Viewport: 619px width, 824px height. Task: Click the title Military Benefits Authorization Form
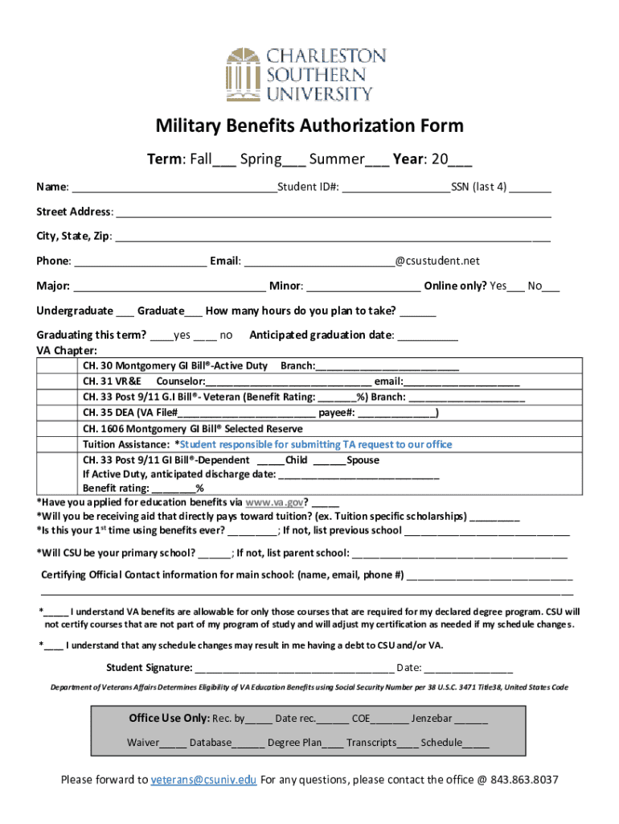pos(309,126)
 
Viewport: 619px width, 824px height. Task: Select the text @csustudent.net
pos(437,261)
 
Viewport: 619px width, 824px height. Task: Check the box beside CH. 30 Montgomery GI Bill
pos(59,366)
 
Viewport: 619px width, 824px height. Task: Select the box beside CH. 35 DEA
pos(59,413)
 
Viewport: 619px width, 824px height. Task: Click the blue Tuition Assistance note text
pos(316,444)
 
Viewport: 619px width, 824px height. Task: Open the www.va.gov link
pos(274,501)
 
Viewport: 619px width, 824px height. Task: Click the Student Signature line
pos(293,667)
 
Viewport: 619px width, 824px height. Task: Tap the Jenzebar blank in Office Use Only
pos(471,719)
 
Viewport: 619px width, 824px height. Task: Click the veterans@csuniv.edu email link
pos(204,780)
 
